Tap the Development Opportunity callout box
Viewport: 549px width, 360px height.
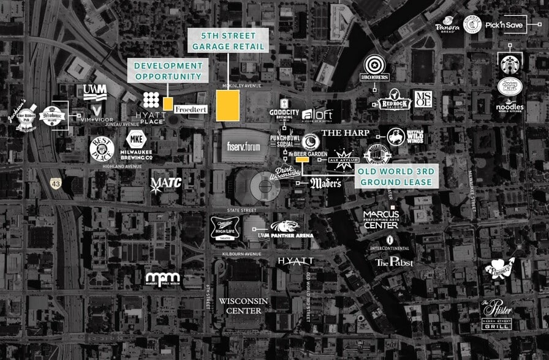click(x=168, y=70)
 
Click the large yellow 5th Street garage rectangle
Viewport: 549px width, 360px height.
click(x=228, y=105)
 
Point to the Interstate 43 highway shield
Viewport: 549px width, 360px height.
click(x=56, y=182)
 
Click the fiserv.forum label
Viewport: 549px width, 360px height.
click(x=243, y=147)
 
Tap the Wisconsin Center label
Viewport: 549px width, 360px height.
click(x=240, y=306)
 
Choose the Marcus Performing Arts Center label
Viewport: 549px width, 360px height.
click(x=381, y=219)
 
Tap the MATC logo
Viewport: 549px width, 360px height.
click(x=166, y=183)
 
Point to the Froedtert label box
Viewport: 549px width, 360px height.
click(x=191, y=109)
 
